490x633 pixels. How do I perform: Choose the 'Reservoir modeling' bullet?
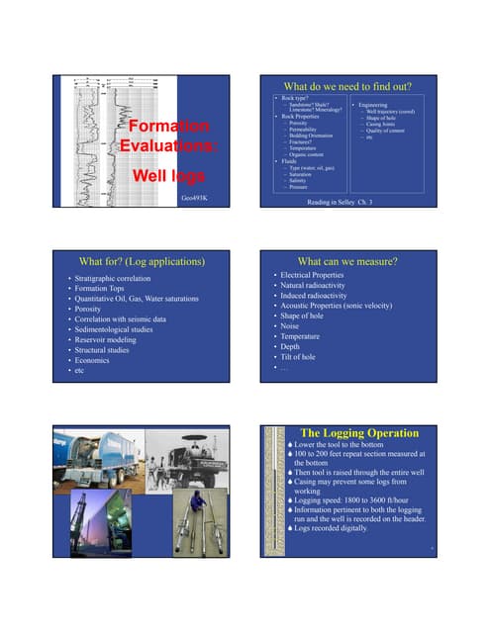108,336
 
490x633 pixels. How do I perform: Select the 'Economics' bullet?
93,360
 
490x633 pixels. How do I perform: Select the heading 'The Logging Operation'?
358,432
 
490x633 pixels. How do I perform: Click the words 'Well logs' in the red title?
169,176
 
